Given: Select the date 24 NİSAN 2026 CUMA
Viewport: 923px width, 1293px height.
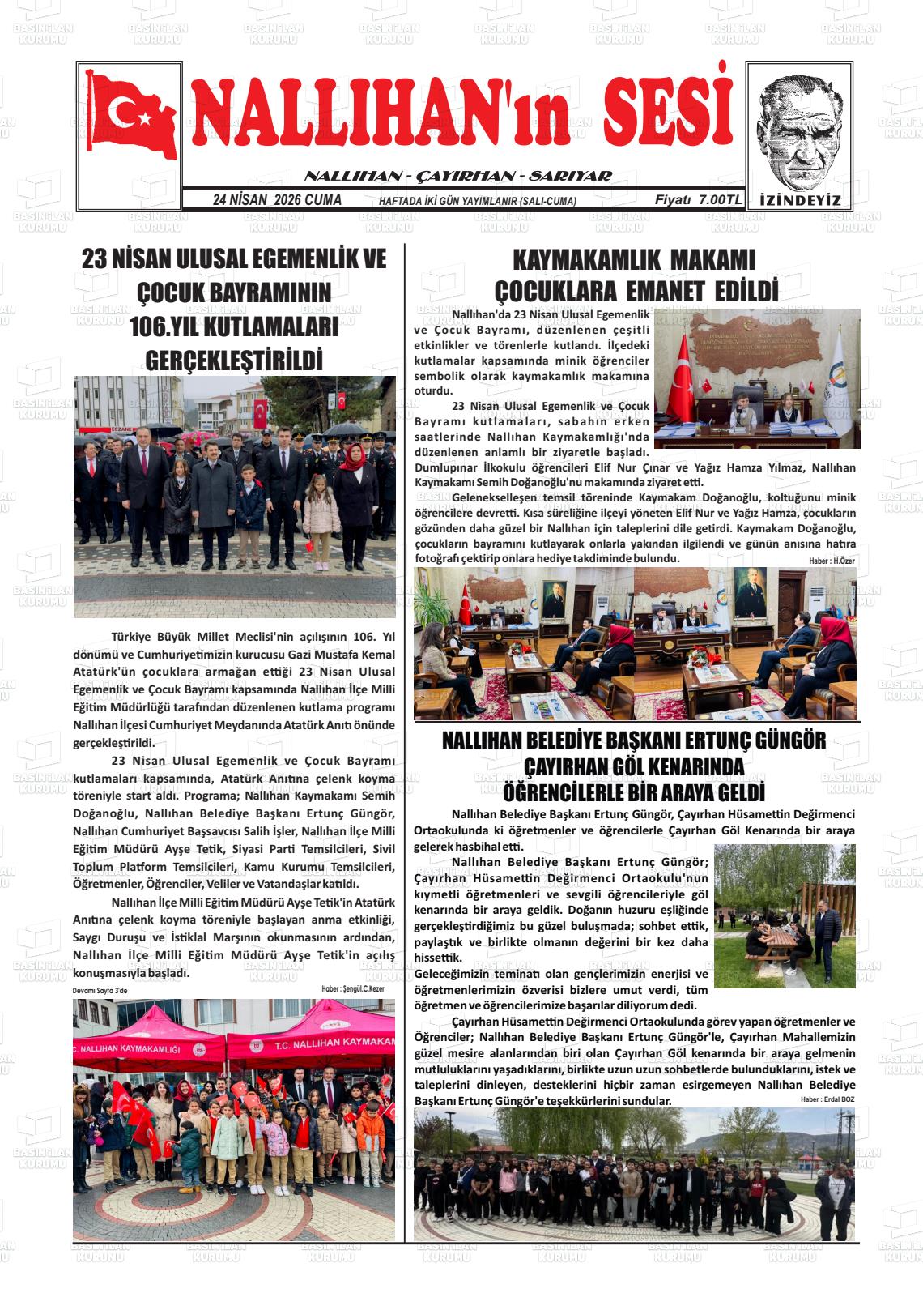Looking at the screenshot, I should click(x=277, y=200).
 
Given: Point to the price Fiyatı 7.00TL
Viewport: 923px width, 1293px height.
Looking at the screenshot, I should click(x=698, y=200).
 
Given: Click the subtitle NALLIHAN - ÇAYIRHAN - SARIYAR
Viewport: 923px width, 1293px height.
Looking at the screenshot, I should click(x=457, y=176).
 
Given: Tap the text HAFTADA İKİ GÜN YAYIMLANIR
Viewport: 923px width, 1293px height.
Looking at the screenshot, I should click(x=478, y=202).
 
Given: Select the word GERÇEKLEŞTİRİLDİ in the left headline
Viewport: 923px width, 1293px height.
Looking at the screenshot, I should click(x=234, y=359).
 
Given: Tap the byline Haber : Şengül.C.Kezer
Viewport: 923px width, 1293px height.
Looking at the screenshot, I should click(x=352, y=988).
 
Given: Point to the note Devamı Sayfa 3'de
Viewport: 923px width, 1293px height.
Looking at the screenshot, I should click(x=100, y=990).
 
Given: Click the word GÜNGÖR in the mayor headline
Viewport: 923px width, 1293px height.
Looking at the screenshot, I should click(x=788, y=740).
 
